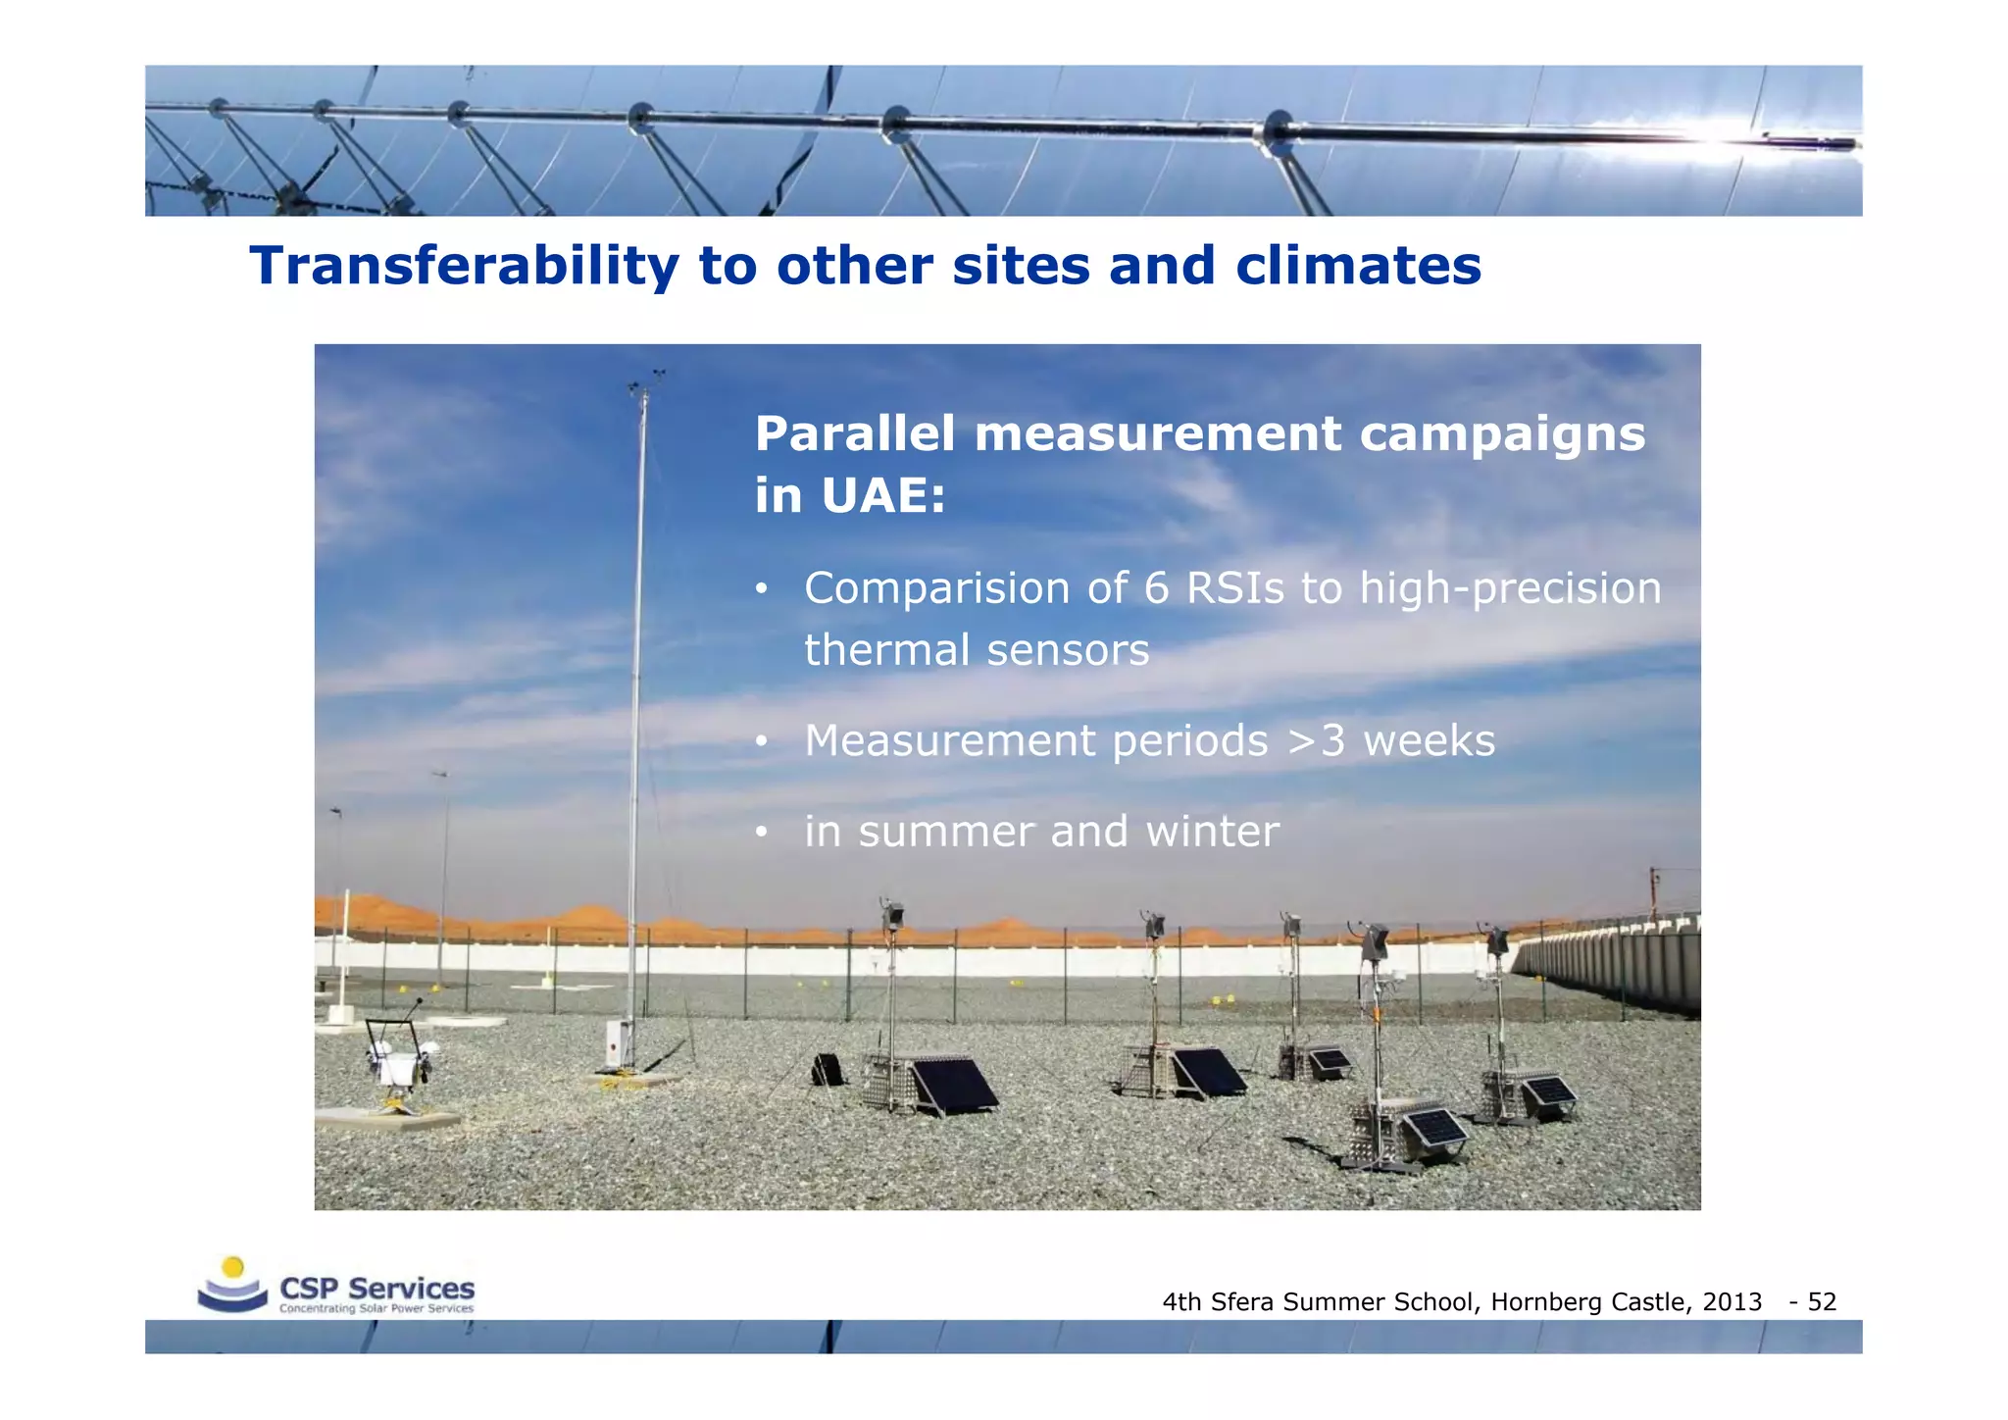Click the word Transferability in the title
[464, 266]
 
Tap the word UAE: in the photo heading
[882, 494]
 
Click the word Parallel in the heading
[854, 433]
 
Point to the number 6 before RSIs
[1157, 588]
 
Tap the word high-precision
[1510, 588]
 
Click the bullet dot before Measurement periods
[760, 742]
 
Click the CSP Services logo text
[377, 1289]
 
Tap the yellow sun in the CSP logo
[232, 1267]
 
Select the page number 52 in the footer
[1822, 1302]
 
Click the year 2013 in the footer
[1732, 1302]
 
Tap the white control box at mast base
[618, 1043]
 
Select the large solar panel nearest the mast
[951, 1086]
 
